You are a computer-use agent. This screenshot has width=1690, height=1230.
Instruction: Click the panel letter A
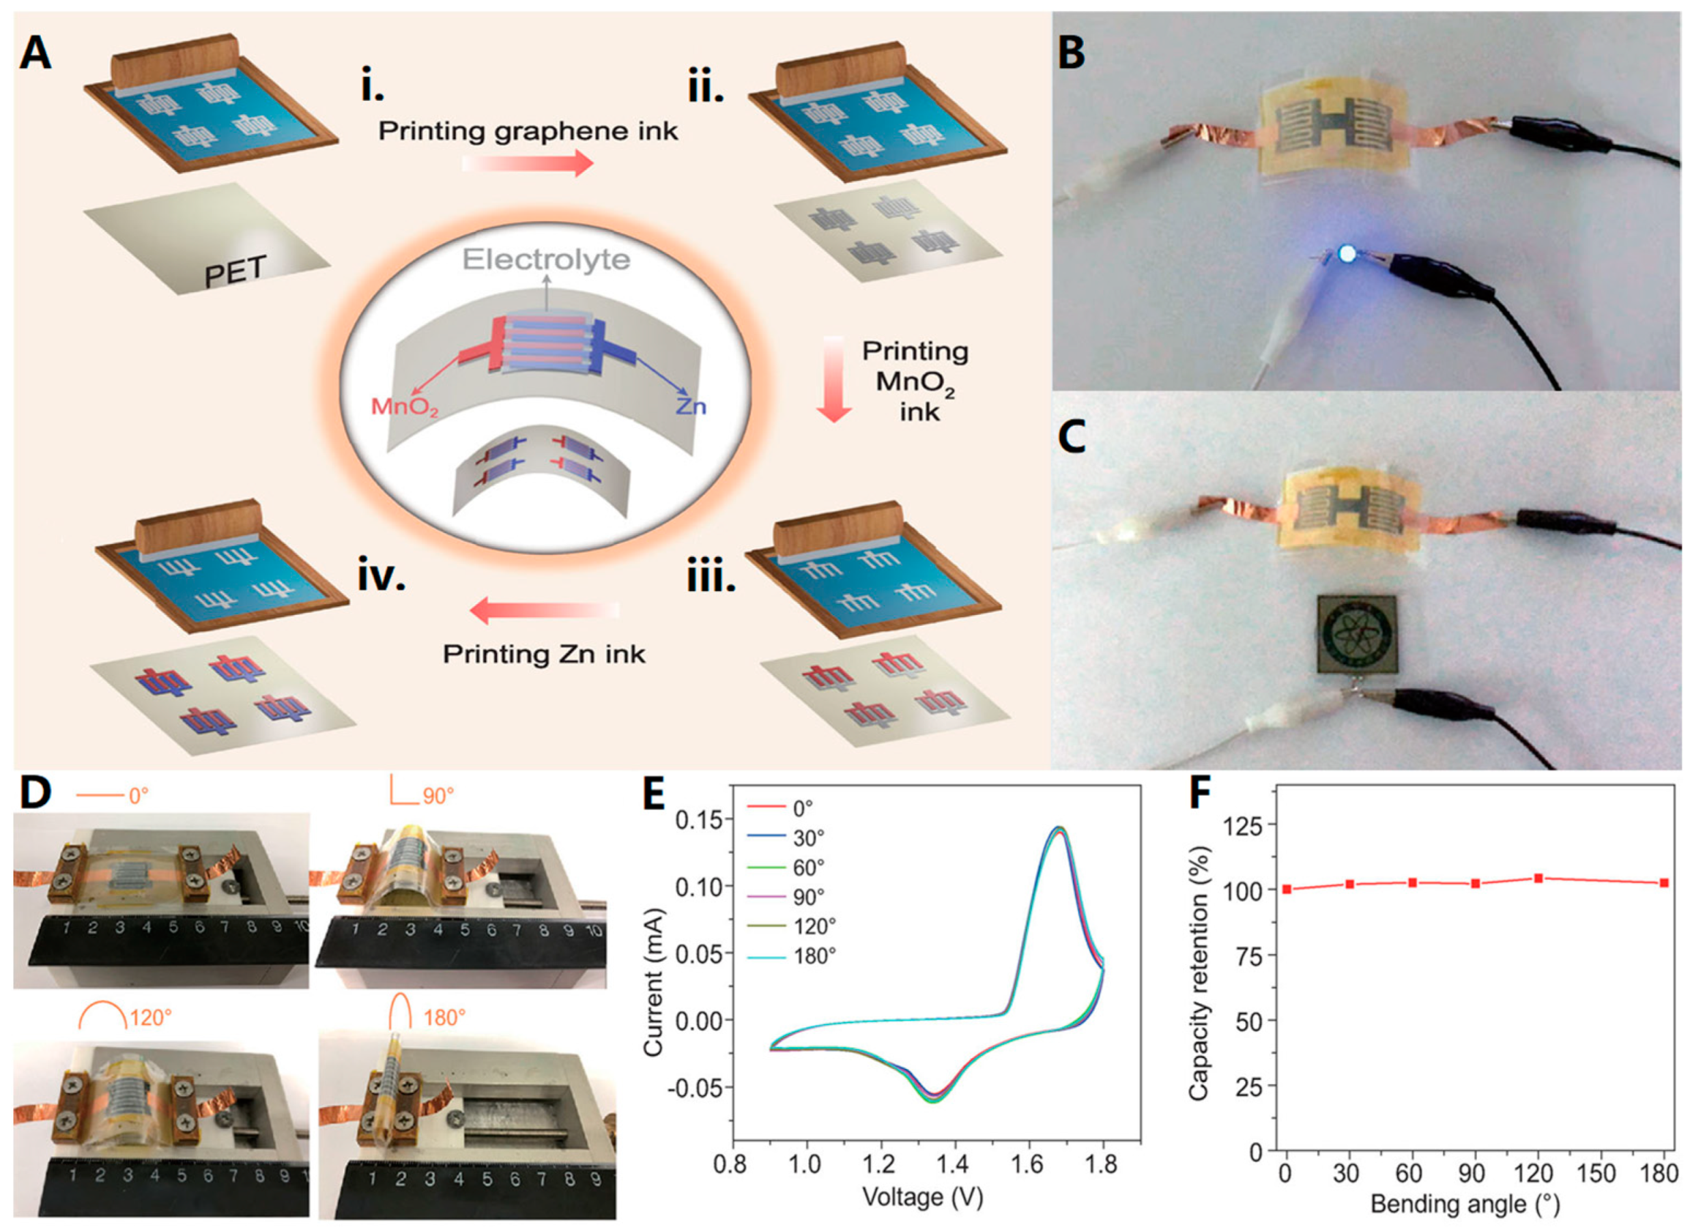pos(35,54)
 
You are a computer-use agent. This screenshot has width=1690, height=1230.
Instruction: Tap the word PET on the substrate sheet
pos(236,272)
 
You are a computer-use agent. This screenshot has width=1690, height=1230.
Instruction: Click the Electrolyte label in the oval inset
pos(546,260)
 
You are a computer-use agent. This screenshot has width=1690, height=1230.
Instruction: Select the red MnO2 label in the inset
pos(405,407)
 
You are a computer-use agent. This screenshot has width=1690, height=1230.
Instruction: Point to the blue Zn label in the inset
pos(691,406)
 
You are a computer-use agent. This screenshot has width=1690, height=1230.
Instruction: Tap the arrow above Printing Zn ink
pos(544,610)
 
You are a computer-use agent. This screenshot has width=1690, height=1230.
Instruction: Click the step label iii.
pos(710,577)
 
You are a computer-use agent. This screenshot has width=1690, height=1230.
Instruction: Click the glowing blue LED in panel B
pos(1347,254)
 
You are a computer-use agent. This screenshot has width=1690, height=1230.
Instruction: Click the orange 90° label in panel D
pos(438,797)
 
